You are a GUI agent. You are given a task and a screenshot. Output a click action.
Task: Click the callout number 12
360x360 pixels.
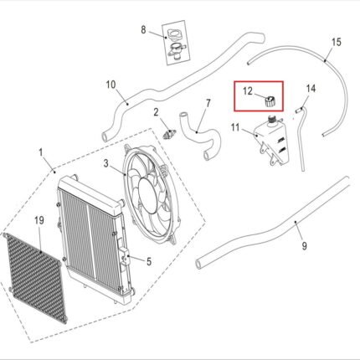[x=248, y=91]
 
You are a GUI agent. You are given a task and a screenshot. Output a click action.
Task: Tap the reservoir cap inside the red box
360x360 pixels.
[x=270, y=101]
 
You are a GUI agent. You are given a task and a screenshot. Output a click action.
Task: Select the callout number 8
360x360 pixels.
[x=143, y=30]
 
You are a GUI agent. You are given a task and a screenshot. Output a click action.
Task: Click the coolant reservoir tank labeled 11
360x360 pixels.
[x=271, y=141]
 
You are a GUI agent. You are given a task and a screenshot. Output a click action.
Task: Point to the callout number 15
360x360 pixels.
[x=337, y=42]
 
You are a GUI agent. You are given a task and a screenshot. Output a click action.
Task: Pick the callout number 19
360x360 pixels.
[x=39, y=220]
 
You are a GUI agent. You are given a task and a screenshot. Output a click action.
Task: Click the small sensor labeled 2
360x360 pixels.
[x=169, y=135]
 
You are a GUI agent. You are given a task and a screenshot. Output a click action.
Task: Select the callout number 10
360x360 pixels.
[x=111, y=85]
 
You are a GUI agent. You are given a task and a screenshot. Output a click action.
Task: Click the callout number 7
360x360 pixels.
[x=208, y=104]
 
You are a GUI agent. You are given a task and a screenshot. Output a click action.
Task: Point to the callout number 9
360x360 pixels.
[x=305, y=246]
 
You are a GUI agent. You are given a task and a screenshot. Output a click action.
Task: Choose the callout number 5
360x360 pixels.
[x=149, y=262]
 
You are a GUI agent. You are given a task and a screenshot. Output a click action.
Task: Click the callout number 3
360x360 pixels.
[x=105, y=163]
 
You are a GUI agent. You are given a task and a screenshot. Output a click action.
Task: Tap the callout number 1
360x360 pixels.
[x=41, y=152]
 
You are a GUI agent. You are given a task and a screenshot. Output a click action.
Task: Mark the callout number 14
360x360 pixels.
[x=311, y=89]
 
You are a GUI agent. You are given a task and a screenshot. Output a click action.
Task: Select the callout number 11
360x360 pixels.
[x=235, y=127]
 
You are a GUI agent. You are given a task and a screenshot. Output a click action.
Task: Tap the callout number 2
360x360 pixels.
[x=156, y=112]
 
